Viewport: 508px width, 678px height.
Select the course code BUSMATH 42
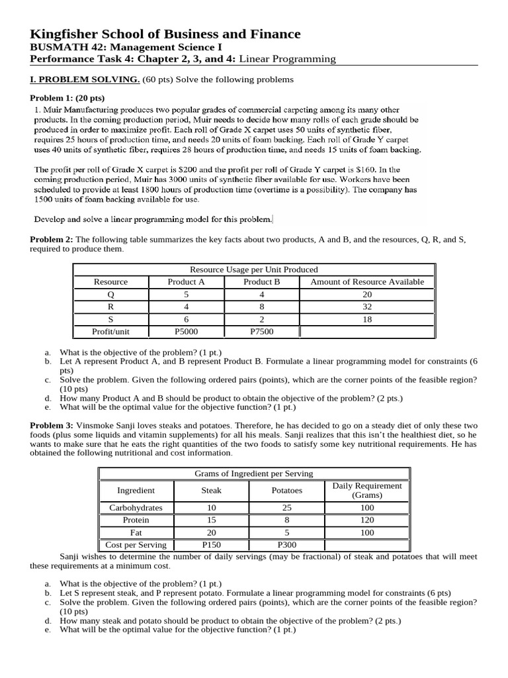click(63, 48)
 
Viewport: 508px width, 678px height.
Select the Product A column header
click(187, 282)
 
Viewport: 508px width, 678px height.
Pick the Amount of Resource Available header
click(367, 282)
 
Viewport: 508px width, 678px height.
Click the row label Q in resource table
click(110, 295)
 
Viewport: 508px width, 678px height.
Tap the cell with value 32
click(367, 307)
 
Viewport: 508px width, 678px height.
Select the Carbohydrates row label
click(136, 508)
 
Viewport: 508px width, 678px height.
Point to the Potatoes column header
click(286, 491)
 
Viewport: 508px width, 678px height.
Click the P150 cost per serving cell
click(211, 546)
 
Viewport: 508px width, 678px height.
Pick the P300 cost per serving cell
click(286, 546)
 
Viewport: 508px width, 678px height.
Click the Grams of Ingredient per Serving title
click(253, 474)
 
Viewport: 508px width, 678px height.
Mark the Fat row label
click(136, 533)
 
